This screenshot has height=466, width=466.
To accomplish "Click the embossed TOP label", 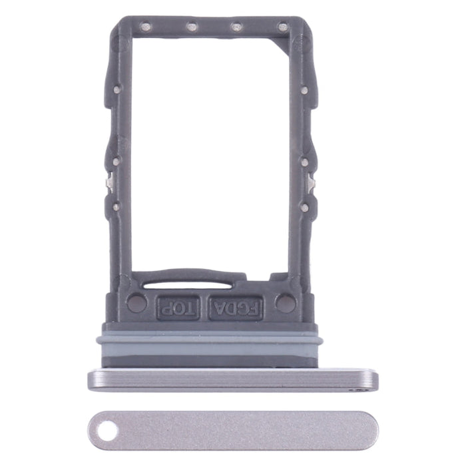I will (x=177, y=307).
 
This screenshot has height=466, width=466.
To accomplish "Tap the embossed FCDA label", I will (x=235, y=308).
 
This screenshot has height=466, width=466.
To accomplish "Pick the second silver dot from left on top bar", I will (x=191, y=27).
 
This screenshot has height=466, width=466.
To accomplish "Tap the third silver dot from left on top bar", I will (x=236, y=27).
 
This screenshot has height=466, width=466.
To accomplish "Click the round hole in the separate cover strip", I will (x=105, y=431).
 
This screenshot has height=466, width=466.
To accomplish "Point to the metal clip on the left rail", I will (x=109, y=182).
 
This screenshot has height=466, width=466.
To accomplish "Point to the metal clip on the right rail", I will (x=311, y=182).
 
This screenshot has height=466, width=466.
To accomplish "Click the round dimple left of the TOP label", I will (x=136, y=304).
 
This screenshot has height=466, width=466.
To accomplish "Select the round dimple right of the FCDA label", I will (x=285, y=304).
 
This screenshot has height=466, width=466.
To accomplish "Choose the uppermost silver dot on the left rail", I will (x=116, y=89).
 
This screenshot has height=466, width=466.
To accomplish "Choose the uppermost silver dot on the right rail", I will (x=304, y=89).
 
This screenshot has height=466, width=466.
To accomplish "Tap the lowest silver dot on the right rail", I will (x=304, y=207).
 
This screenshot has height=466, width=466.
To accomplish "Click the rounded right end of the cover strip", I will (x=369, y=429).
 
